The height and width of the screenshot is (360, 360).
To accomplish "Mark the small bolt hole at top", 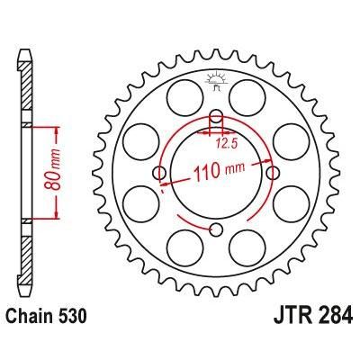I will [216, 116].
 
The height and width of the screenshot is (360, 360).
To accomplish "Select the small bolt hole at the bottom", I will [216, 229].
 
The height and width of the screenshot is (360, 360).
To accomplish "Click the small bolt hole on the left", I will [160, 173].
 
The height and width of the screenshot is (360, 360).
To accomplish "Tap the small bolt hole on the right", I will [273, 173].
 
